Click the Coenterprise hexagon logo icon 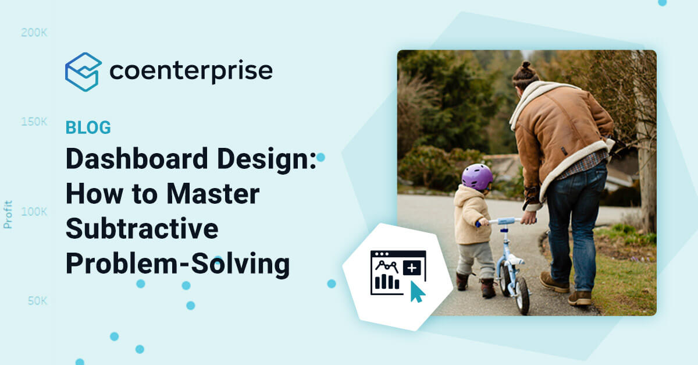[83, 72]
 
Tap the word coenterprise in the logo [191, 71]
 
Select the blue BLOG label [88, 127]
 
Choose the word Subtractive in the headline [141, 229]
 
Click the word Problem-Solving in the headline [177, 264]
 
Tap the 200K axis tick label [34, 33]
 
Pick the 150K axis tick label [34, 122]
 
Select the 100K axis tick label [34, 211]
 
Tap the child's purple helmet [477, 177]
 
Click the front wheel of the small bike [522, 294]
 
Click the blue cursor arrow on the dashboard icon [417, 291]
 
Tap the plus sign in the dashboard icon [412, 268]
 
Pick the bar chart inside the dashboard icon [387, 282]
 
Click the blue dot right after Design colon [320, 157]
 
